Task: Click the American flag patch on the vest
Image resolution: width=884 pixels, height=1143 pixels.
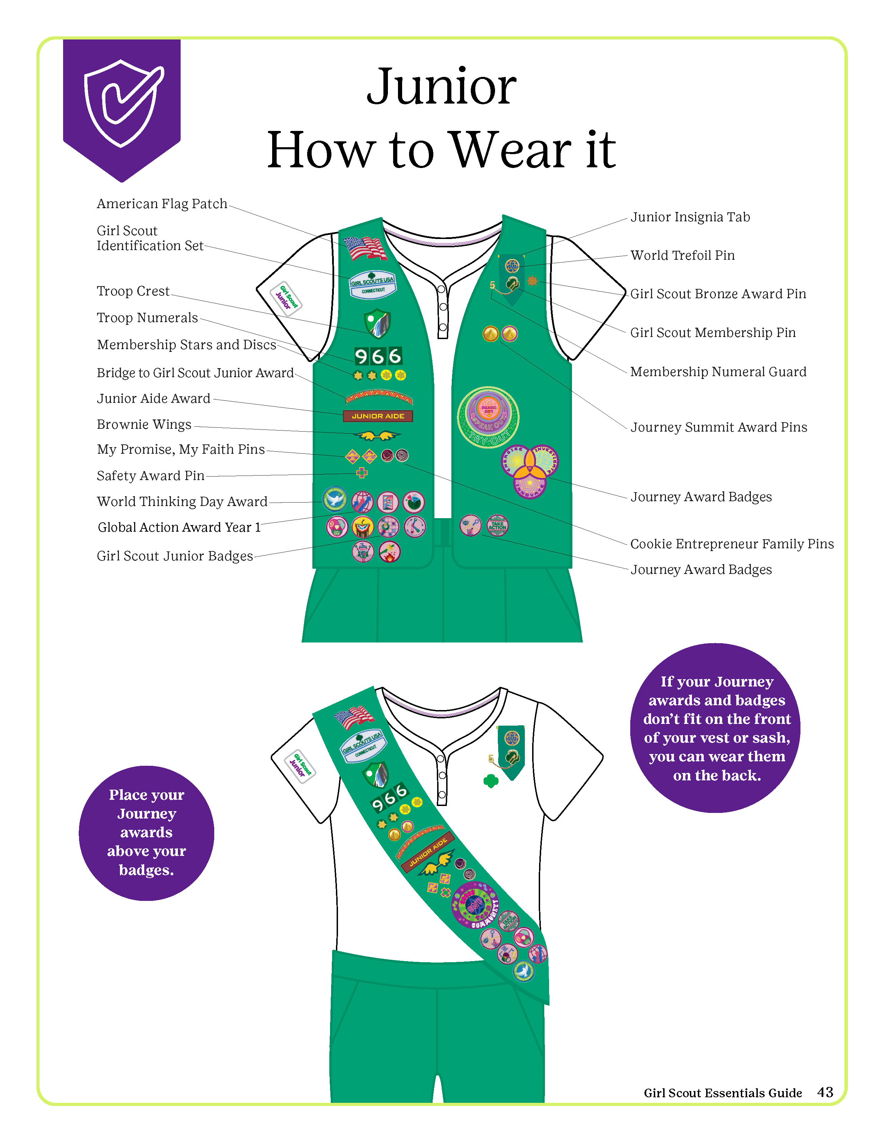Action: pos(365,248)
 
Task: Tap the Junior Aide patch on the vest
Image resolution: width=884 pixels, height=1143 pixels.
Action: pos(378,416)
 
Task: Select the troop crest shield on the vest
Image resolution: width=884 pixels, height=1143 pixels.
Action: pos(377,323)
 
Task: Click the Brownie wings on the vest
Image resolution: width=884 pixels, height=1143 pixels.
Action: pos(377,435)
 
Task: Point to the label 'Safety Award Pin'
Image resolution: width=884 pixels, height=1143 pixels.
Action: pos(150,476)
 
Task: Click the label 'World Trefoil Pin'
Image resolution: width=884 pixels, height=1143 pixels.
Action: pos(682,255)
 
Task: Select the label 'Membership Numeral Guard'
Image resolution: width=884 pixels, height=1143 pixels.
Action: pos(718,372)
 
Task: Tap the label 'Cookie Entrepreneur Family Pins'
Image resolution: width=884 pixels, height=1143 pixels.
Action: pos(731,544)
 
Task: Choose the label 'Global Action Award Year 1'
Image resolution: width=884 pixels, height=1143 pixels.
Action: pos(179,528)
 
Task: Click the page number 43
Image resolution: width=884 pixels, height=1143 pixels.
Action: pos(825,1092)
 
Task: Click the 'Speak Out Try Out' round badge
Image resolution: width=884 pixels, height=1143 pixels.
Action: pos(488,417)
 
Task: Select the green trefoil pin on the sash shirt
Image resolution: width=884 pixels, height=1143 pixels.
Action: pos(491,781)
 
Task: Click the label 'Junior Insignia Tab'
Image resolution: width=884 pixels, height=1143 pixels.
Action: pos(690,217)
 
